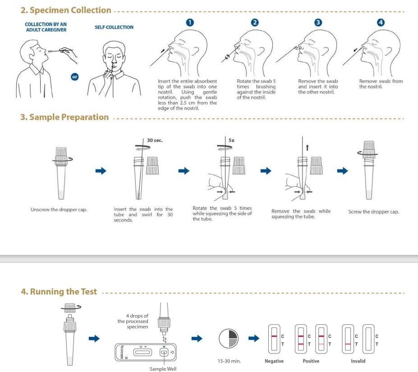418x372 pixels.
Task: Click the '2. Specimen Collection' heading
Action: click(x=66, y=10)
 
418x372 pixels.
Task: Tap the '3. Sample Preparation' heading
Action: click(x=64, y=117)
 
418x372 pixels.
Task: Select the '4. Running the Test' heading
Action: click(x=59, y=291)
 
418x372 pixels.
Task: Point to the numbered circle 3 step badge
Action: click(x=318, y=23)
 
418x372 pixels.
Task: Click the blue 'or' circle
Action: click(x=75, y=77)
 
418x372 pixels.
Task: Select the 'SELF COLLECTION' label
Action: click(x=114, y=27)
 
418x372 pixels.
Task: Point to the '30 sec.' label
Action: click(x=155, y=140)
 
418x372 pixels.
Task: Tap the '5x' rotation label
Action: click(x=231, y=140)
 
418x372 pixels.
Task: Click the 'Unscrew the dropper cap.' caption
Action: click(x=59, y=209)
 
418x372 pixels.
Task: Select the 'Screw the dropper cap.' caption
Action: click(x=373, y=212)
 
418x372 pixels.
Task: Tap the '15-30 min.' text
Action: click(x=228, y=361)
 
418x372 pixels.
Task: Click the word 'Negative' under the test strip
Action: click(x=274, y=361)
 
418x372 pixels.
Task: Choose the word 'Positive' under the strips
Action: click(x=311, y=361)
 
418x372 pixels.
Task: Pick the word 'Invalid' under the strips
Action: click(x=358, y=361)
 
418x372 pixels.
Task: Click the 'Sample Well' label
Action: click(x=163, y=369)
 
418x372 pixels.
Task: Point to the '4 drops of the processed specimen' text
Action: click(x=133, y=321)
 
